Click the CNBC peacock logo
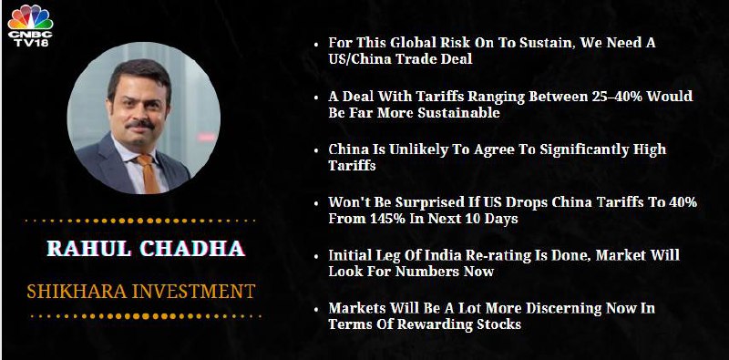tap(30, 17)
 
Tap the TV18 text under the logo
tap(30, 43)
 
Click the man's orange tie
tap(149, 173)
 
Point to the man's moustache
tap(140, 125)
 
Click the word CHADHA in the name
tap(192, 249)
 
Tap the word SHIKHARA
tap(77, 292)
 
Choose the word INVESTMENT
tap(193, 292)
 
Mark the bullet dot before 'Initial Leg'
tap(316, 257)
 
